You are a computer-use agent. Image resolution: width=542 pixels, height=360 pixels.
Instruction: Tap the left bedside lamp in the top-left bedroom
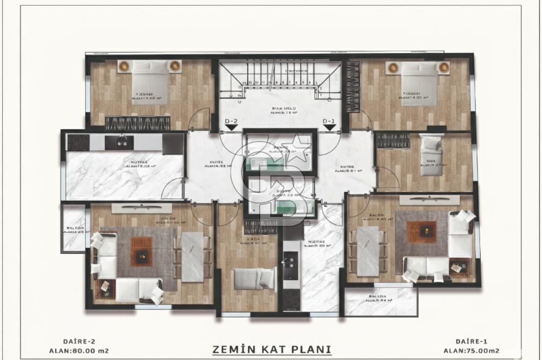(124, 66)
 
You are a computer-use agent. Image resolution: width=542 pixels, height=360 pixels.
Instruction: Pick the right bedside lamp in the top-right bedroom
(444, 67)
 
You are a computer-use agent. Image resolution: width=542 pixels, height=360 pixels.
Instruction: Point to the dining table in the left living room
(192, 256)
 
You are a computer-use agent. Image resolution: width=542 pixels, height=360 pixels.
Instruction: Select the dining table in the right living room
(368, 251)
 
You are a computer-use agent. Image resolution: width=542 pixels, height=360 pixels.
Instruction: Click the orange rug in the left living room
(141, 251)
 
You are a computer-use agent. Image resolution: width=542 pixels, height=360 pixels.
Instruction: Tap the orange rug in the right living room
(421, 232)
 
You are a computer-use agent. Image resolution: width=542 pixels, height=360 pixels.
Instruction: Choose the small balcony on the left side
(73, 232)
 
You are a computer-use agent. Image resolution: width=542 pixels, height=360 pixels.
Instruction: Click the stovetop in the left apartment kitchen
(78, 143)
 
